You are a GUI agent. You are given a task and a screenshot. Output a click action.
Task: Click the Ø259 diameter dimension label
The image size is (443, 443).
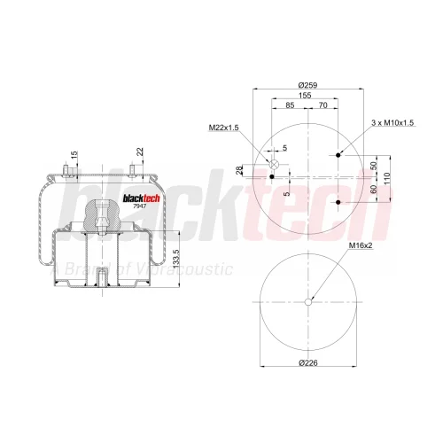[x=307, y=85]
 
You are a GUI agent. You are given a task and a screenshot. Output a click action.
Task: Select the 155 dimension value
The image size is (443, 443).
[x=305, y=96]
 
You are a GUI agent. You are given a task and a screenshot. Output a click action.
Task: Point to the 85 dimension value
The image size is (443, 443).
[x=290, y=105]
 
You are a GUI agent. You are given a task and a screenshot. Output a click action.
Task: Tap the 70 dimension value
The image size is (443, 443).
[x=323, y=105]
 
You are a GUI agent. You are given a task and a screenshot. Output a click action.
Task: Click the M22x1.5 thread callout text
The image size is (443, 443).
[x=223, y=128]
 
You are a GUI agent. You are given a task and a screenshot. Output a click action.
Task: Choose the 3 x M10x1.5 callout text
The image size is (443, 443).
[x=392, y=123]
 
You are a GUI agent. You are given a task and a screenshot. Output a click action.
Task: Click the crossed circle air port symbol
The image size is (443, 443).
[x=274, y=164]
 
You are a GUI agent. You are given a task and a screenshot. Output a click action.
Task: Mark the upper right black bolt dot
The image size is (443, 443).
[x=338, y=155]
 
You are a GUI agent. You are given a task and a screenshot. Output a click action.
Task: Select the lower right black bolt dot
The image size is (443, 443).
[x=338, y=202]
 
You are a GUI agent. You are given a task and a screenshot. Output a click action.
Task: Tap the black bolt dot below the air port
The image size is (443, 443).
[x=272, y=176]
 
